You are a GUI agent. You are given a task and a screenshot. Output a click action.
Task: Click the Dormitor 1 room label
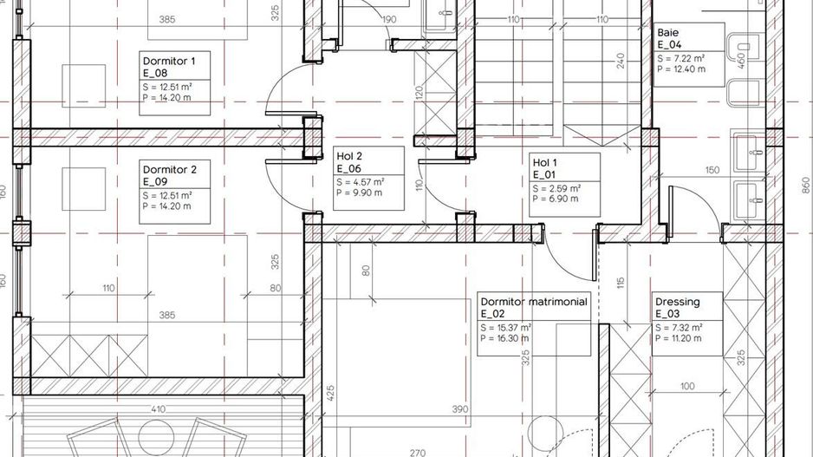(175, 83)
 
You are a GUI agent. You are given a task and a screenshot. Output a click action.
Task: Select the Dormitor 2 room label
(175, 192)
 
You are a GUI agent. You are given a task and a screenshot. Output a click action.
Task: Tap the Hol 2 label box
(368, 179)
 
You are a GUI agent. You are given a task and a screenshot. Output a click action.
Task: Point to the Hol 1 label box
(564, 185)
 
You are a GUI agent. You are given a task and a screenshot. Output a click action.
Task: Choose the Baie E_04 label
(689, 55)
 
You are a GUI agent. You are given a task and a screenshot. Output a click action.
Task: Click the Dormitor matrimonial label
(534, 323)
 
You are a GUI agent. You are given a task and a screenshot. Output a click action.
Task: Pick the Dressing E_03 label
(687, 323)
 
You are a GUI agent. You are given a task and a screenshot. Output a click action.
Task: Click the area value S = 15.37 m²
(505, 328)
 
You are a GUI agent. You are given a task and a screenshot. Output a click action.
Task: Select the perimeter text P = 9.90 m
(360, 193)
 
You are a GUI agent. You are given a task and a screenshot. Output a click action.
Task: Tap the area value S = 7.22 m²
(680, 59)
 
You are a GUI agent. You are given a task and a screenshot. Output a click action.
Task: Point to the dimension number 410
(158, 409)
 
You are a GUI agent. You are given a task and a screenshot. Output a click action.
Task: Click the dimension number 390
(460, 409)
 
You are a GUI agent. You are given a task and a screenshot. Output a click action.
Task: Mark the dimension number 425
(331, 393)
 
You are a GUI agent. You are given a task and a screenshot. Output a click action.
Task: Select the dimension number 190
(389, 20)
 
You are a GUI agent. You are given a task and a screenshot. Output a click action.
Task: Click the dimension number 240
(621, 61)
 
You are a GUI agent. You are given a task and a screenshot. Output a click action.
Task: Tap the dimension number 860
(805, 186)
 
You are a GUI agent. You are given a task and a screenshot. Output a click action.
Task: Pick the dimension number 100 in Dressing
(687, 386)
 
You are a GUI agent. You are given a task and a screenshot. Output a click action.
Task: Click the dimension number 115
(621, 283)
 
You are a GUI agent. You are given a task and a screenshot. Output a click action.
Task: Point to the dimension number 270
(418, 453)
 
